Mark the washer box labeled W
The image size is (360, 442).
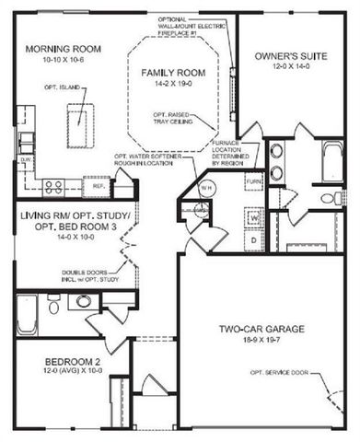pyautogui.click(x=255, y=217)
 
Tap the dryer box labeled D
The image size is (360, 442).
pyautogui.click(x=255, y=239)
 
